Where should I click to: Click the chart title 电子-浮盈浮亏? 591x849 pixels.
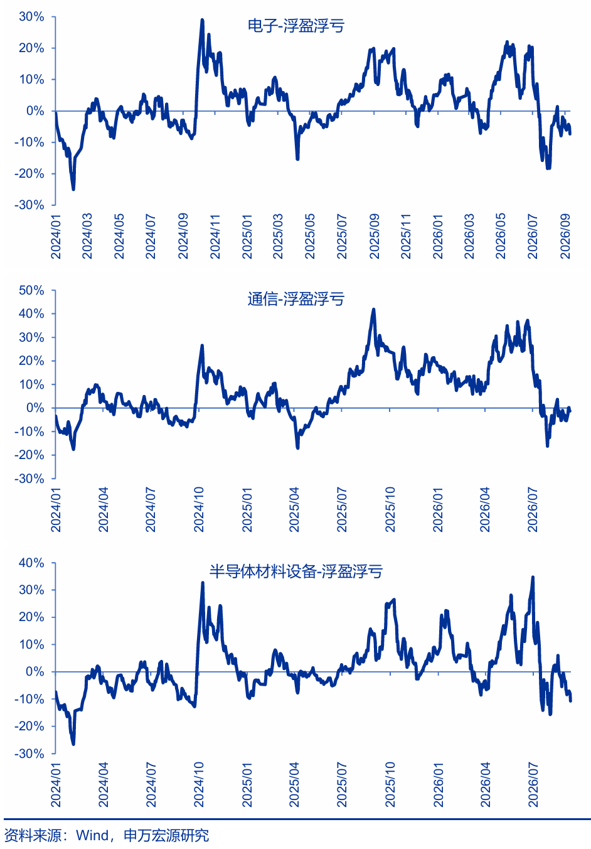click(x=295, y=26)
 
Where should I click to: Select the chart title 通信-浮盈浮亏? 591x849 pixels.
click(x=295, y=299)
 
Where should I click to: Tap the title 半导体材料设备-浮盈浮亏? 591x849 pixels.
click(x=295, y=571)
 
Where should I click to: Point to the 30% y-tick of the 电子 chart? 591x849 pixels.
click(x=31, y=17)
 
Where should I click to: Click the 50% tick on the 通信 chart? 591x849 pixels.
click(x=31, y=290)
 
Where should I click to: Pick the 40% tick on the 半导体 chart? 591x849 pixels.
click(x=31, y=563)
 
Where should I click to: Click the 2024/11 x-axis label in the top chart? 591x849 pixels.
click(x=215, y=236)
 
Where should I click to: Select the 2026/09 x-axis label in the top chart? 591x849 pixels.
click(x=565, y=236)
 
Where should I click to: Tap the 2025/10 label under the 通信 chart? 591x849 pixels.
click(x=390, y=509)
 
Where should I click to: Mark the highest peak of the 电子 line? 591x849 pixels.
click(x=202, y=19)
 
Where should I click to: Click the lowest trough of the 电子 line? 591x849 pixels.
click(x=73, y=189)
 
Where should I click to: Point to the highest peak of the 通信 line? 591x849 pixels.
click(x=374, y=310)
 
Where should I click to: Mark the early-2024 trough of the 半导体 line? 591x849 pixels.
click(x=73, y=744)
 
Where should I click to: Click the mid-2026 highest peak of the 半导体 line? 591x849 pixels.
click(x=533, y=578)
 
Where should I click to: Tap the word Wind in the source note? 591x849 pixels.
click(x=92, y=835)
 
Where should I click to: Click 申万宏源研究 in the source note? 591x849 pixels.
click(x=166, y=835)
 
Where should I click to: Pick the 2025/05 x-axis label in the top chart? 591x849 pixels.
click(x=310, y=236)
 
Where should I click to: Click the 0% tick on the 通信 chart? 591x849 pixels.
click(x=35, y=408)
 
